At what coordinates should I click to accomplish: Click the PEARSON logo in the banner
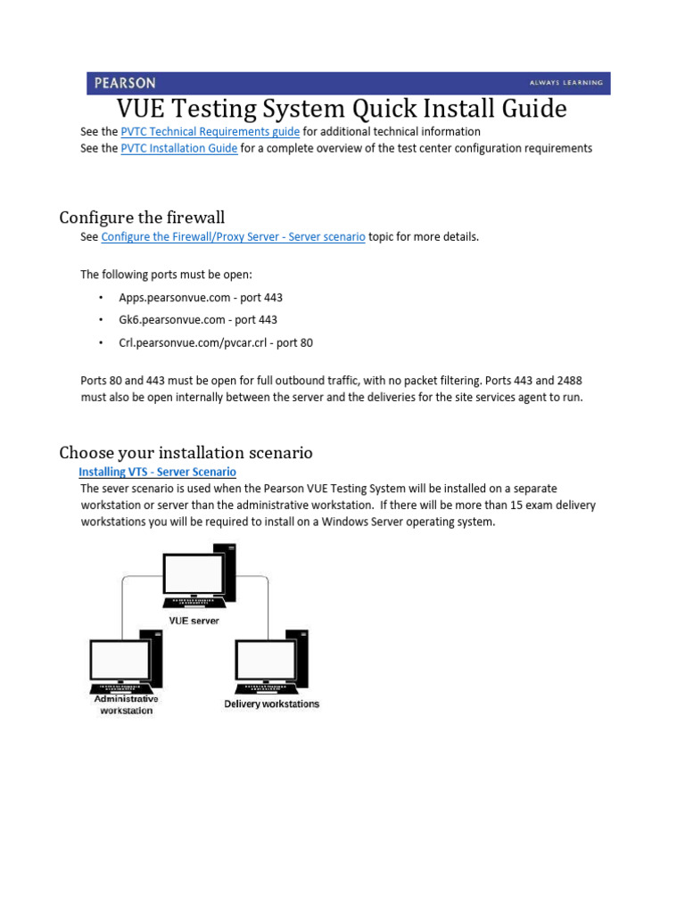125,83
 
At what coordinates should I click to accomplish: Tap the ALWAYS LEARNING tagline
565,83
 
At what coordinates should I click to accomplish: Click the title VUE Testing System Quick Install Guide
342,109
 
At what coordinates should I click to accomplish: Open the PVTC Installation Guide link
178,148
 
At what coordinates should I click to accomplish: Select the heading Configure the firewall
142,218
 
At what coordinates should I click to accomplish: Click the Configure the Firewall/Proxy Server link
233,237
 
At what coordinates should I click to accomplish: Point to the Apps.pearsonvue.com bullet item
200,297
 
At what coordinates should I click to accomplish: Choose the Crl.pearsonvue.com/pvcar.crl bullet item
215,342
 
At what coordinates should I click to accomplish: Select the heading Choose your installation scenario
186,453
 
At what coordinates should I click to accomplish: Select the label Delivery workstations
271,703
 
